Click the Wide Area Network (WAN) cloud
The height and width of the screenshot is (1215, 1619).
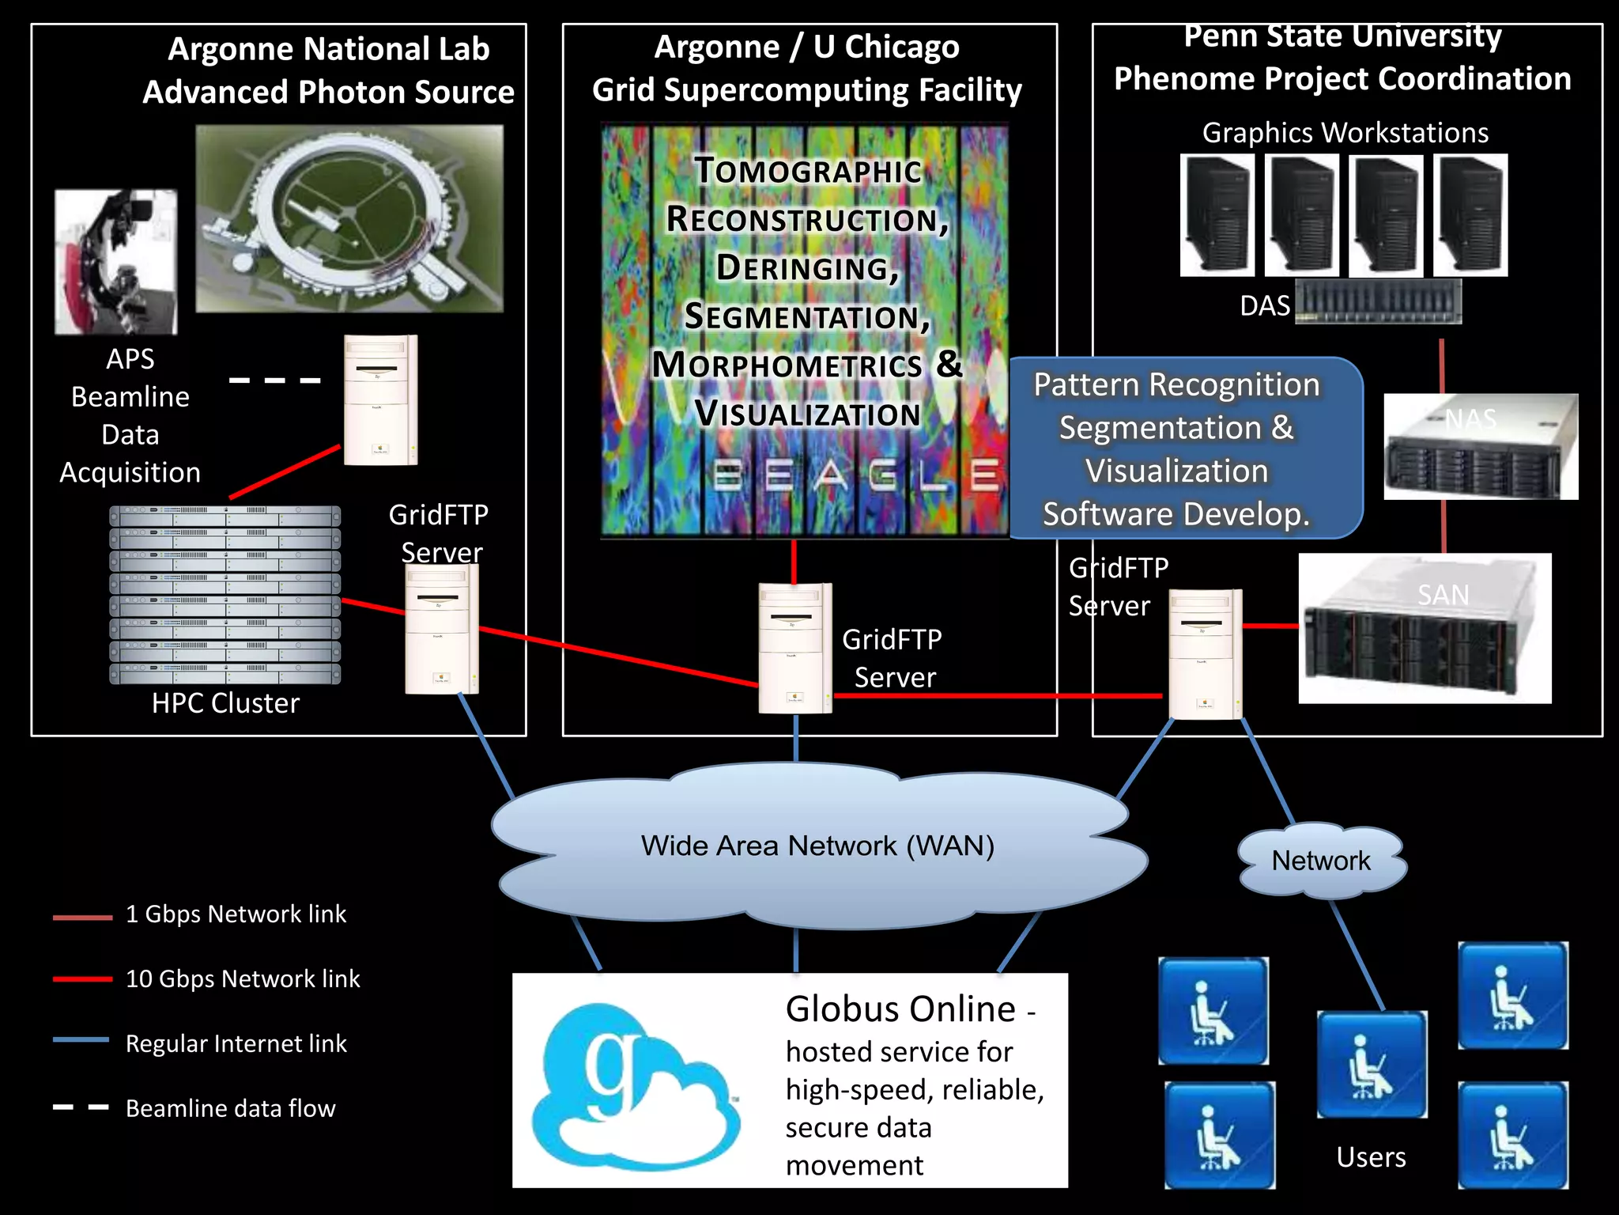(x=817, y=845)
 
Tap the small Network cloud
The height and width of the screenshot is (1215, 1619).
(x=1321, y=861)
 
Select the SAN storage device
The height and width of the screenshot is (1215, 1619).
(x=1425, y=629)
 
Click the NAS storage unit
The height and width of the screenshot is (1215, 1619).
(x=1481, y=447)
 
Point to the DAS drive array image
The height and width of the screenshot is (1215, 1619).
(x=1378, y=302)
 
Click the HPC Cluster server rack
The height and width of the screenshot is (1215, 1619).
(x=225, y=595)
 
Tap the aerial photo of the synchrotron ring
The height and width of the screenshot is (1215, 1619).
(x=349, y=218)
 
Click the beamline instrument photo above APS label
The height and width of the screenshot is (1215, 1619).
(x=115, y=262)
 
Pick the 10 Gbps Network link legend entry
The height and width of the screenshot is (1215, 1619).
(x=242, y=979)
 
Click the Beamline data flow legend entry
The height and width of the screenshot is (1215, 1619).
(x=229, y=1108)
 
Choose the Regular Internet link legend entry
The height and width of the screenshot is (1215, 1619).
(x=235, y=1043)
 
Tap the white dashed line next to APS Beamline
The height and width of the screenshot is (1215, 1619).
(x=275, y=380)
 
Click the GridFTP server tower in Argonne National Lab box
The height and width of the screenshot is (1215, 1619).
(x=441, y=629)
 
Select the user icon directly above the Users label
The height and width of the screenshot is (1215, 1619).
(x=1372, y=1064)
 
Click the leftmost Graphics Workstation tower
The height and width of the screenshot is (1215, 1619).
(x=1217, y=215)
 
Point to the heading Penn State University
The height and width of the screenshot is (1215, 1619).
(x=1342, y=36)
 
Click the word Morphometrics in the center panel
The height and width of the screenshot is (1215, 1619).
(x=787, y=365)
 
